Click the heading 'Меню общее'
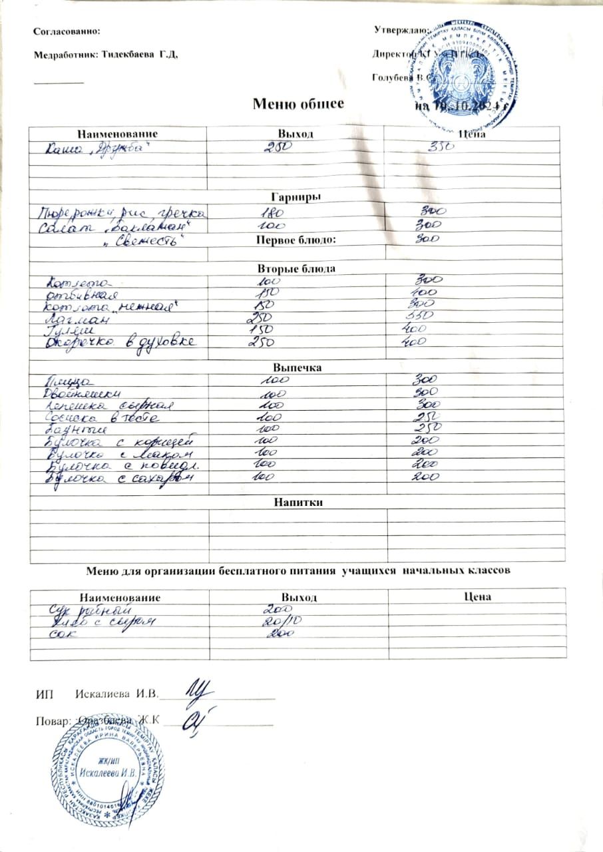[x=298, y=104]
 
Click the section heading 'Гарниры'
[x=296, y=197]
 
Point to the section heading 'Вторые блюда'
[x=296, y=269]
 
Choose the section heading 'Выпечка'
[x=298, y=367]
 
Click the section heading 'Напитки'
[x=297, y=503]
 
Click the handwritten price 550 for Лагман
[x=422, y=316]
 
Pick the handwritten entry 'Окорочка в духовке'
[x=120, y=341]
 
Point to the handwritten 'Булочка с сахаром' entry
[x=120, y=477]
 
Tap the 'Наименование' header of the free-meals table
[x=120, y=597]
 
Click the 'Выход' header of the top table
[x=297, y=134]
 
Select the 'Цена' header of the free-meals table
[x=477, y=596]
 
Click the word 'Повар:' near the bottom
[x=50, y=721]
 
